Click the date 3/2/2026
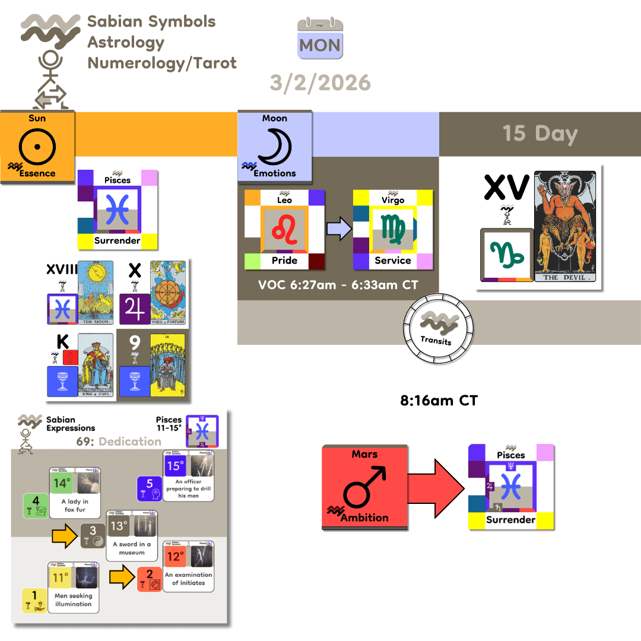point(320,82)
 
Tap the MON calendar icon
point(320,37)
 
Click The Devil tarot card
point(564,226)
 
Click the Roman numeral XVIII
point(62,271)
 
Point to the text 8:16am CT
point(439,401)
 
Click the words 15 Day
point(540,133)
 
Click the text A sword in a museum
point(131,548)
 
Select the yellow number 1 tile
point(34,599)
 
